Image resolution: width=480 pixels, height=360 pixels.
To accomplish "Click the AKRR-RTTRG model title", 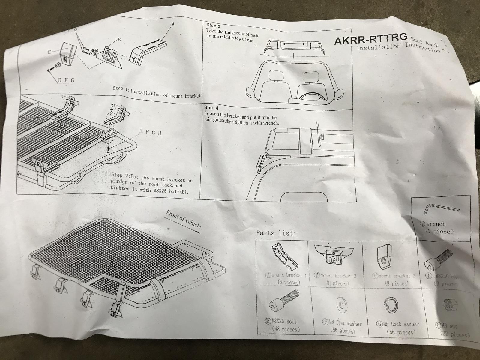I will coord(371,40).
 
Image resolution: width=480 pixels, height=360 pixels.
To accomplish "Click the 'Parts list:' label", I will coord(276,233).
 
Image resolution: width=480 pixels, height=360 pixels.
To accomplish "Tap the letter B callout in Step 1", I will coord(119,40).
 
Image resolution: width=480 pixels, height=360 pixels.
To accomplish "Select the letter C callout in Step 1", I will coord(49,52).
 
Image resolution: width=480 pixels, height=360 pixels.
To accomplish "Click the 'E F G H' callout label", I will coord(151,132).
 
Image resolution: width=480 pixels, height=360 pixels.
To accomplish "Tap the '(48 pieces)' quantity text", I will coord(286,329).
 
